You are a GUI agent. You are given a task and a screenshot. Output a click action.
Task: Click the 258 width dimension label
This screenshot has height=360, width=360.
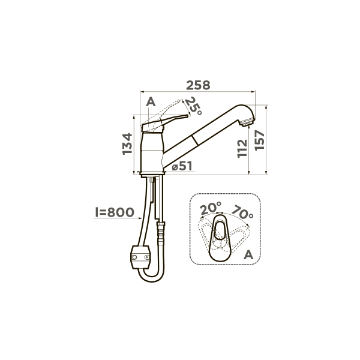[198, 85]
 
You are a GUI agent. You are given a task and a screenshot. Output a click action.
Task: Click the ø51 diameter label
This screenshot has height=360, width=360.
[181, 167]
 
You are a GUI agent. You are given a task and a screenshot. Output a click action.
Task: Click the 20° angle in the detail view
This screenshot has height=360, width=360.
[211, 209]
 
